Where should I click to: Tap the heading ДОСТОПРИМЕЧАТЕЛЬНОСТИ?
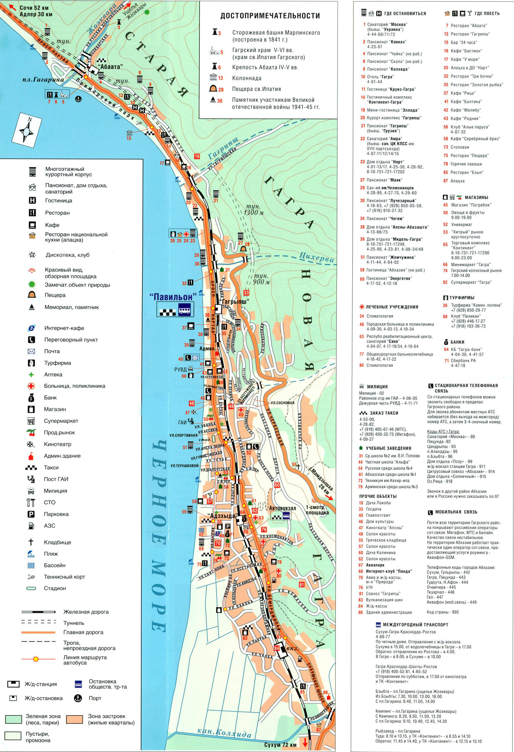click(x=270, y=16)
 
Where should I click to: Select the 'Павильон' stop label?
click(x=173, y=297)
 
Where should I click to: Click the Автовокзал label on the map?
click(x=282, y=508)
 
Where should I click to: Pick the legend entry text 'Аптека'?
click(x=53, y=374)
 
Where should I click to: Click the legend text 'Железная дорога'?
click(x=86, y=612)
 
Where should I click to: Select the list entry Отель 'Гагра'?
click(x=377, y=77)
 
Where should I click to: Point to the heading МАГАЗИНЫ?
click(x=476, y=197)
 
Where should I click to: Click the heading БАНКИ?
click(x=457, y=342)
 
